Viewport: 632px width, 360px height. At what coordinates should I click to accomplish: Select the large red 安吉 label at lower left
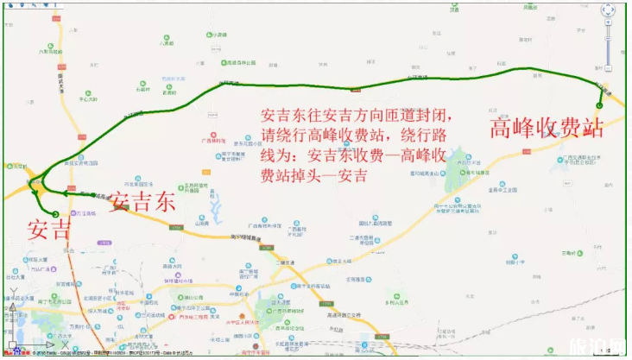tap(49, 231)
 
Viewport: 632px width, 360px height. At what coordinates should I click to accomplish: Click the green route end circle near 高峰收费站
tap(598, 105)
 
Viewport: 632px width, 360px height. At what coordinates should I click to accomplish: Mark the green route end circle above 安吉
tap(55, 212)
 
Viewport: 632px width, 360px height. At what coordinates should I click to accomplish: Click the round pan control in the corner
tap(607, 11)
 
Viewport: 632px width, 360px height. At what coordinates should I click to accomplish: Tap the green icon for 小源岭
tap(210, 35)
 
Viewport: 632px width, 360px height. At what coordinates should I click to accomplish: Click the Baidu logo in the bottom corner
tap(13, 352)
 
